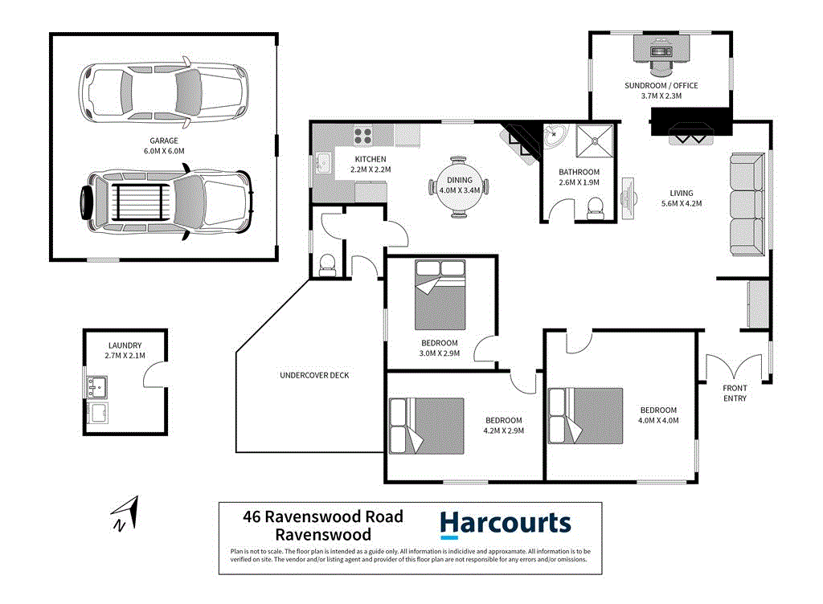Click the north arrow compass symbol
tap(125, 514)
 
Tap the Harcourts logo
tap(505, 524)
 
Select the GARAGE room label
tap(164, 140)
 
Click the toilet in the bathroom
tap(595, 210)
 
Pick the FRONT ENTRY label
tap(735, 394)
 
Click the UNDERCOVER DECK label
tap(314, 375)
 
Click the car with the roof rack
tap(166, 200)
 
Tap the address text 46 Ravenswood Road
tap(322, 516)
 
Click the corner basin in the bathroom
tap(555, 138)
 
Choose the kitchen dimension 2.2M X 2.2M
tap(371, 169)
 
